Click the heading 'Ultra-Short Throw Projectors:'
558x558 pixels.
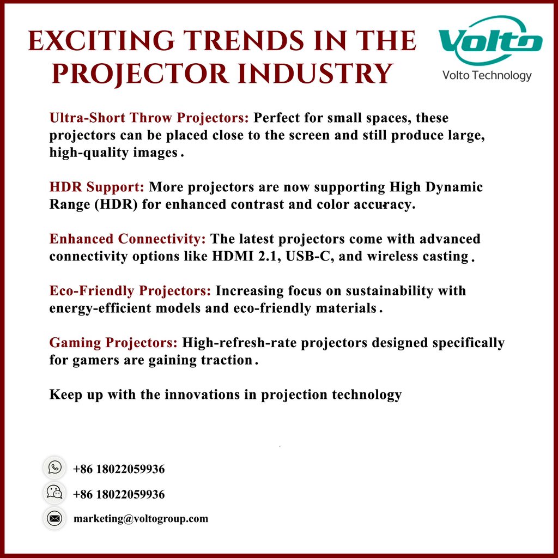point(149,118)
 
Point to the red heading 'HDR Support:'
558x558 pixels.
point(96,187)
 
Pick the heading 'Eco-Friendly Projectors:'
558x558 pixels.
point(130,290)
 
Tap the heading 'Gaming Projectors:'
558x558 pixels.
point(113,343)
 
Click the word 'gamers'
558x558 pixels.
point(98,360)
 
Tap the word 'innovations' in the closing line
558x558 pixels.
point(202,395)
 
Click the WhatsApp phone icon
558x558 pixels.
point(54,468)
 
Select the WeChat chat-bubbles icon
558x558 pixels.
point(54,493)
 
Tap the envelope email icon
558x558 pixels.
point(54,518)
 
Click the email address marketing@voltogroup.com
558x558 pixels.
point(141,519)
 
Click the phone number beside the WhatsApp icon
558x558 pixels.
point(119,469)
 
